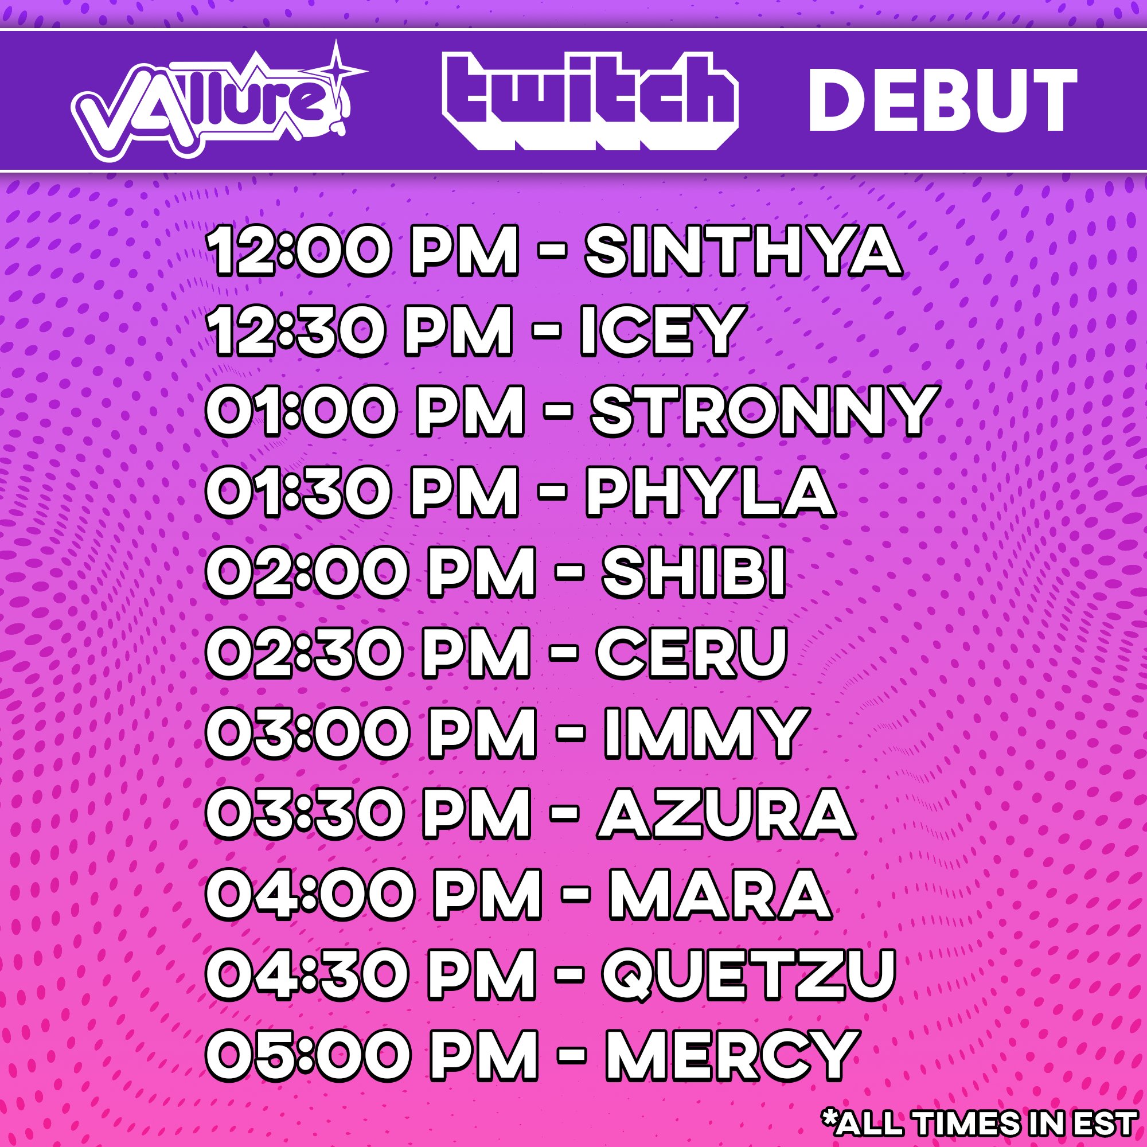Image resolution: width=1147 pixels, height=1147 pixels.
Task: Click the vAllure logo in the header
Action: pyautogui.click(x=219, y=101)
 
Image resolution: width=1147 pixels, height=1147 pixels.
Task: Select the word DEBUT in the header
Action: pyautogui.click(x=943, y=100)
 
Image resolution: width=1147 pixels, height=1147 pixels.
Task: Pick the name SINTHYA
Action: pyautogui.click(x=744, y=254)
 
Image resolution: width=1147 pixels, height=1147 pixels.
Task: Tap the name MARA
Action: pyautogui.click(x=719, y=890)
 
